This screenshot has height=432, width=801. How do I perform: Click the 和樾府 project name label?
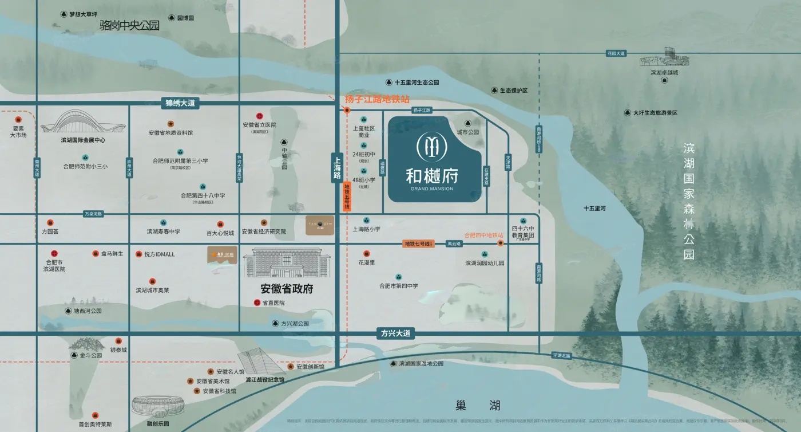432,174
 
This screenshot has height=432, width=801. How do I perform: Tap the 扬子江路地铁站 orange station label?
377,99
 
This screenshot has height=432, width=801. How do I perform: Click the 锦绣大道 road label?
180,103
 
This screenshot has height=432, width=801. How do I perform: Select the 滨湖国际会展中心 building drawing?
83,123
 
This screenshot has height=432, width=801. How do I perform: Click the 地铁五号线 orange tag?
347,197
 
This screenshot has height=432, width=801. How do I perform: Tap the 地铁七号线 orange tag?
418,244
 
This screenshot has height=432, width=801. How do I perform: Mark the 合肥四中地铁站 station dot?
501,243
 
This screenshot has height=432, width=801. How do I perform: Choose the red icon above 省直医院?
257,303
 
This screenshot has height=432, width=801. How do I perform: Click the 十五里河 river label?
594,209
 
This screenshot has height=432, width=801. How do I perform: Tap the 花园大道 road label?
616,53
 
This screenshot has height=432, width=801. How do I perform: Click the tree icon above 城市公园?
467,123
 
